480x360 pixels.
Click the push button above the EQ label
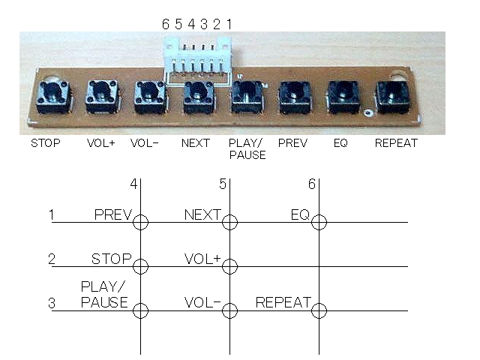343,97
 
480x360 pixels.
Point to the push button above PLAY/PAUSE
247,97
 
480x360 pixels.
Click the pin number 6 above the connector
166,24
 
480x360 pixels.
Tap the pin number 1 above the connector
229,24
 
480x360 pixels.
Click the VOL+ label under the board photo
100,143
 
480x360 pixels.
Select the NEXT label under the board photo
196,143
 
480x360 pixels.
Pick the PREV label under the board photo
292,143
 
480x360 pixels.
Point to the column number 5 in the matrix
223,184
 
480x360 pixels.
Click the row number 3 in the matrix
52,303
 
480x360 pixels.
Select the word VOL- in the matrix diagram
202,302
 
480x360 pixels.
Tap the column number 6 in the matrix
312,184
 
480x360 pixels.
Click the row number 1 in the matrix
52,215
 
